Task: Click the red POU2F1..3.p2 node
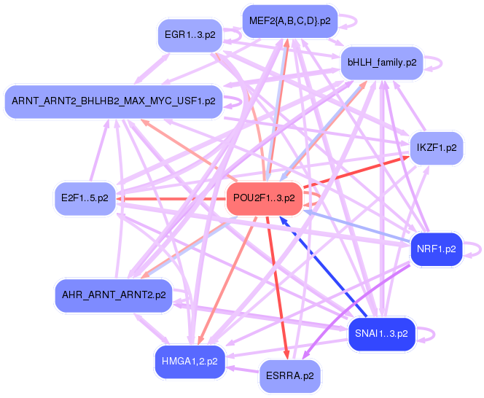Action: (264, 198)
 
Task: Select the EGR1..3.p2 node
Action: (190, 34)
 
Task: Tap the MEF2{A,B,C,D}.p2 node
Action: (290, 21)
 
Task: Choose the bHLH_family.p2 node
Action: (382, 63)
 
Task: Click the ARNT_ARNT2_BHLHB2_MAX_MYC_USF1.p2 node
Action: (114, 101)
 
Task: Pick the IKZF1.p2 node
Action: (437, 148)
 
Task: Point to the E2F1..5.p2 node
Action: (85, 198)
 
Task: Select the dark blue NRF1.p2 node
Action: (437, 249)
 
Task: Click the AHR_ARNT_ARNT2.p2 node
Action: (114, 295)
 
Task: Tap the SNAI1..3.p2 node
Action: (381, 334)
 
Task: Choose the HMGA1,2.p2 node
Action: (190, 362)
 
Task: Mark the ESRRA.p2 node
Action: (290, 376)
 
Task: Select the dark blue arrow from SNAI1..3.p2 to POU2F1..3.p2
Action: (323, 267)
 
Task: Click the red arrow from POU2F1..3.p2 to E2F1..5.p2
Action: (171, 198)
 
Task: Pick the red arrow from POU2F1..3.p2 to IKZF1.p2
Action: (356, 172)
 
